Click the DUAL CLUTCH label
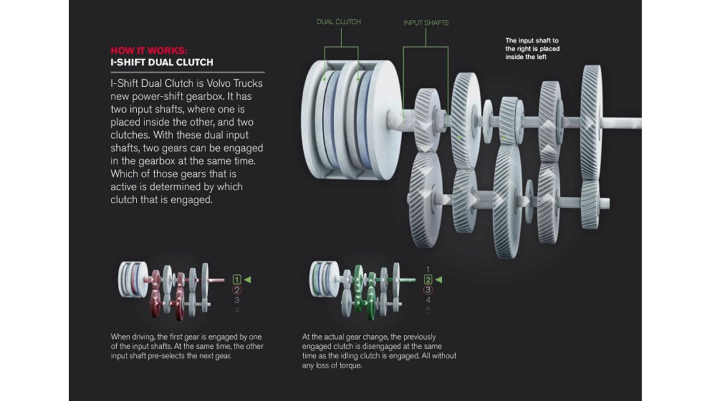(x=339, y=22)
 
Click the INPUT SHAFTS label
(x=426, y=23)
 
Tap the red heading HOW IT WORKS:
(x=149, y=50)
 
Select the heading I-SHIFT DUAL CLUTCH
(x=162, y=62)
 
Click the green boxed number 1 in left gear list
(x=237, y=280)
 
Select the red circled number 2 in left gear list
(x=237, y=290)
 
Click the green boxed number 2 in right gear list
(x=428, y=280)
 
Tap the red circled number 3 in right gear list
(x=428, y=290)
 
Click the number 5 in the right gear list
(x=428, y=310)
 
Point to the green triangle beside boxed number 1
(x=248, y=280)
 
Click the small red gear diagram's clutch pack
(x=132, y=279)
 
